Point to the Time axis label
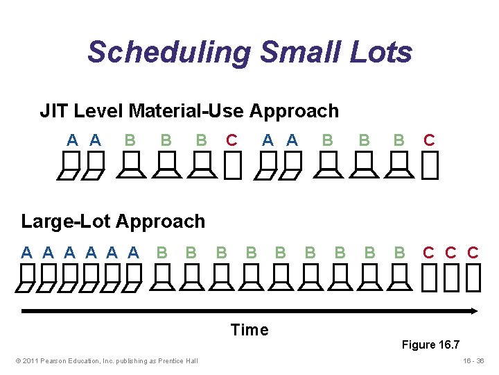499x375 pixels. click(x=249, y=330)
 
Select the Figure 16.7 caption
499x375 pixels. click(x=430, y=345)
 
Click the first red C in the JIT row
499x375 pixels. click(x=231, y=140)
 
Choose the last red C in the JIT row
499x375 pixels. click(x=429, y=140)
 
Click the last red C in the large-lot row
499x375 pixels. click(x=473, y=252)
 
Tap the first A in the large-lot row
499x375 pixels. click(x=26, y=252)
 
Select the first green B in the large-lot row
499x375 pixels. click(x=161, y=252)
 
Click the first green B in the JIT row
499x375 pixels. click(x=130, y=140)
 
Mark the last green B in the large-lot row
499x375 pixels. click(x=399, y=252)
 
